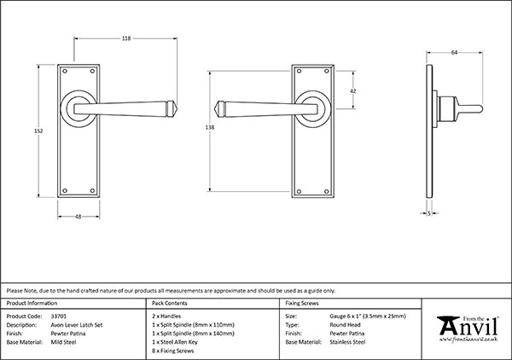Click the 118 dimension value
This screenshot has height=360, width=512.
pos(126,38)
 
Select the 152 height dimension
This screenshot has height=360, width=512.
pos(38,131)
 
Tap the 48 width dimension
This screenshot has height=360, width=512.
pos(78,217)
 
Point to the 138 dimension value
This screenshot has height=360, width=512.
pos(210,127)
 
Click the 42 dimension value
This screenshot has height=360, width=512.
pos(353,91)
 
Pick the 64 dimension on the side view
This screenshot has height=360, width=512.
pos(454,52)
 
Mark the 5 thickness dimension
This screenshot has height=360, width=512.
pos(429,213)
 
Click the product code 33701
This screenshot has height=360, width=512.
pos(59,316)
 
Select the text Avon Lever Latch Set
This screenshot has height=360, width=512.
pos(77,325)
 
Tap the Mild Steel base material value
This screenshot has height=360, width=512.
pos(63,342)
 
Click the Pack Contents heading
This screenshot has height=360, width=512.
pos(170,303)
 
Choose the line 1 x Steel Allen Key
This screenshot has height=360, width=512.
pos(175,342)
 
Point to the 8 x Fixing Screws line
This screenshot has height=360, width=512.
pos(172,351)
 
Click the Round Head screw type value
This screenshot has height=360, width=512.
pos(345,325)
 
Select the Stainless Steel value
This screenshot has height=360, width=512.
pos(347,342)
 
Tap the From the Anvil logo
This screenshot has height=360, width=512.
pos(468,329)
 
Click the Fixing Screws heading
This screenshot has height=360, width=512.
pos(302,303)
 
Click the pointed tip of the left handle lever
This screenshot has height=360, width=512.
pos(177,108)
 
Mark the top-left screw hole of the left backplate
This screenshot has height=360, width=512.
pos(65,71)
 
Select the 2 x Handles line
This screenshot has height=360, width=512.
pos(166,316)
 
